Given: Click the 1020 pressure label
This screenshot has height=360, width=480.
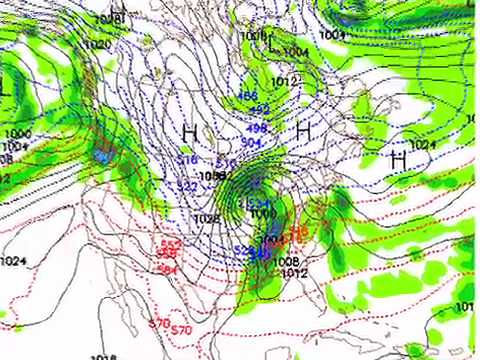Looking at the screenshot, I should (x=97, y=45).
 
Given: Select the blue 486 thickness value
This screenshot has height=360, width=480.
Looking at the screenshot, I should (x=247, y=97).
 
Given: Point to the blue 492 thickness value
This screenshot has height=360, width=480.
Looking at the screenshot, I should (x=259, y=110).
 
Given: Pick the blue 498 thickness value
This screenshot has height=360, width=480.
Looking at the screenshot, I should (x=256, y=128).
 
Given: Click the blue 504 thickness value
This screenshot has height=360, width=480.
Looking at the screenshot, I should (x=251, y=142).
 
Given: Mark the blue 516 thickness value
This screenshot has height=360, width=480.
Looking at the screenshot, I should (x=187, y=159).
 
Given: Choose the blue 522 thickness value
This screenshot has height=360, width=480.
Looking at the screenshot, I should (x=187, y=186).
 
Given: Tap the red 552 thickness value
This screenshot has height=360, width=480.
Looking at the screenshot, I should (x=170, y=243).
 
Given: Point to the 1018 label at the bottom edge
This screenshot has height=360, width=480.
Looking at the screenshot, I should (x=103, y=356).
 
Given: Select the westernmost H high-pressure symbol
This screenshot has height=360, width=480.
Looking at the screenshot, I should (x=189, y=131).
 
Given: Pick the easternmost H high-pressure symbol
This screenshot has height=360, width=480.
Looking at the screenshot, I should (x=398, y=158).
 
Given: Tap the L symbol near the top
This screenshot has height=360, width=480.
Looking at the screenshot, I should (x=271, y=44).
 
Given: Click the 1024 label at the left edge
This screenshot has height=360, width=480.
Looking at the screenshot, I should (x=12, y=262).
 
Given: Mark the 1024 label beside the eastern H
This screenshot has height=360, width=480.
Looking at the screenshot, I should (x=423, y=145).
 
